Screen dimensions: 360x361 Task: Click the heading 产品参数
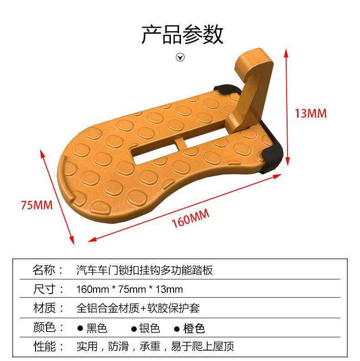tap(182, 35)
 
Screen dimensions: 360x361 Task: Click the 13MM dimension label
tap(310, 113)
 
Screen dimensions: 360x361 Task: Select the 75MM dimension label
tap(36, 205)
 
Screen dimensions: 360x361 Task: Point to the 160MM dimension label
tap(190, 218)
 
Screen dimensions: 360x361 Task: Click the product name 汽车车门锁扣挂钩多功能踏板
tap(144, 270)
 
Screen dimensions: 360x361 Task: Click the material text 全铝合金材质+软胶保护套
tap(138, 308)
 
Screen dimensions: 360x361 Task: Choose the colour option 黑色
tap(97, 328)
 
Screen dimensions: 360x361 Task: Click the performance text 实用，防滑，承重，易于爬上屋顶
tap(155, 346)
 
